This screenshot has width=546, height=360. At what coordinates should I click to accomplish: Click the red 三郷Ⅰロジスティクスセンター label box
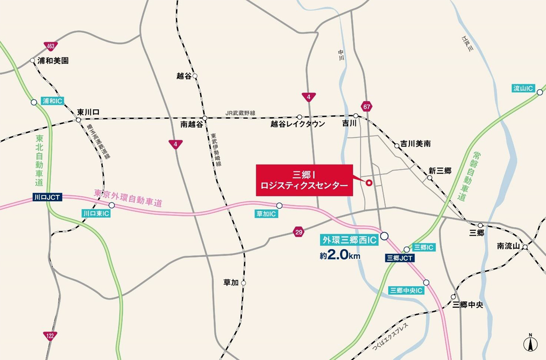[304, 180]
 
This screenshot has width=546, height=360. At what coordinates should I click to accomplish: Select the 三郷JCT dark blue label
[399, 258]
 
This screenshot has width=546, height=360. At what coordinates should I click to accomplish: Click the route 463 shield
[51, 46]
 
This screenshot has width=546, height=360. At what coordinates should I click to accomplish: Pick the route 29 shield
[298, 233]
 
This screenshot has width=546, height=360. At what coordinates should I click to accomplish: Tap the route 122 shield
[50, 336]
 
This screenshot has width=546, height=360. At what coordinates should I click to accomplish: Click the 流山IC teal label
[523, 88]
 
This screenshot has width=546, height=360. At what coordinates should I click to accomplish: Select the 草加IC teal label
[266, 213]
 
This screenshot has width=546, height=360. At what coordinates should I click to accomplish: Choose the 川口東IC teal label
[96, 213]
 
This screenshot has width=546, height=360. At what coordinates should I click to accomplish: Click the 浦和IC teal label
[52, 101]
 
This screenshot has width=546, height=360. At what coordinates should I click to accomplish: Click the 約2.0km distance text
[340, 256]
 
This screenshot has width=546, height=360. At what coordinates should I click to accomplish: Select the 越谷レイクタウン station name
[298, 124]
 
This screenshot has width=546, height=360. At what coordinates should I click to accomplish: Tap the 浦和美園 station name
[53, 60]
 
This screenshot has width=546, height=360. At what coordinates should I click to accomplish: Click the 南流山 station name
[508, 246]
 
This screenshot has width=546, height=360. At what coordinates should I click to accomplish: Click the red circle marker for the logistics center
[369, 183]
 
